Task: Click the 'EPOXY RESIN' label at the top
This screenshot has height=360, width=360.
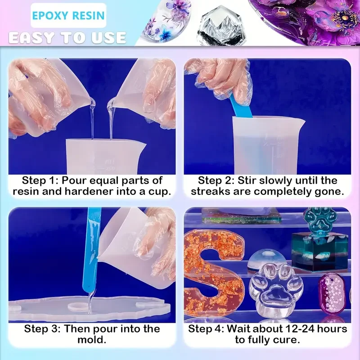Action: tap(68, 16)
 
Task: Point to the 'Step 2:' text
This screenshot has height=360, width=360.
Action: tap(216, 181)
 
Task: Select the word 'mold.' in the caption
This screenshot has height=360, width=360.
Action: tap(92, 339)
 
